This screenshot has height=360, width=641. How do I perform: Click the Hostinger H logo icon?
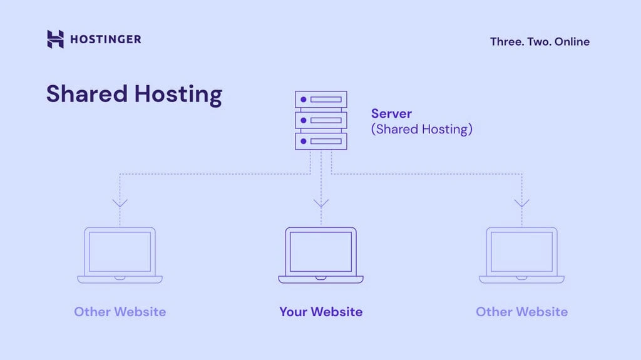pyautogui.click(x=55, y=39)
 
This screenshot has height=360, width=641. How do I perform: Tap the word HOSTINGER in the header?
pyautogui.click(x=105, y=39)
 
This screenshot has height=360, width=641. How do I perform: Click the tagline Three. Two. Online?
pyautogui.click(x=540, y=42)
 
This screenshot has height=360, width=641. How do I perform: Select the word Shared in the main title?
pyautogui.click(x=85, y=94)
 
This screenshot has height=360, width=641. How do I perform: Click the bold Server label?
pyautogui.click(x=391, y=114)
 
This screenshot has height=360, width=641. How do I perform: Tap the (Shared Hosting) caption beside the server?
pyautogui.click(x=421, y=130)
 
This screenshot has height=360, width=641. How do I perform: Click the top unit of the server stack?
pyautogui.click(x=320, y=100)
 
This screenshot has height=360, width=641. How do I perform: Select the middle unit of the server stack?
pyautogui.click(x=320, y=120)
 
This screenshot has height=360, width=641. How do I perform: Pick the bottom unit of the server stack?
pyautogui.click(x=320, y=141)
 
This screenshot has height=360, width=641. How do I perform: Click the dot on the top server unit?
pyautogui.click(x=304, y=100)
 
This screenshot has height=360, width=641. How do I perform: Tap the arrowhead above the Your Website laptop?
pyautogui.click(x=321, y=203)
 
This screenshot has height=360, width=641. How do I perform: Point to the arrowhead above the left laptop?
pyautogui.click(x=120, y=203)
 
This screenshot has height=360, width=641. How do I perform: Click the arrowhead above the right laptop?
pyautogui.click(x=521, y=203)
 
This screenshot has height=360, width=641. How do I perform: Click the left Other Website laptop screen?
pyautogui.click(x=120, y=252)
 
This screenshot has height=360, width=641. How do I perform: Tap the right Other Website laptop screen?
pyautogui.click(x=521, y=252)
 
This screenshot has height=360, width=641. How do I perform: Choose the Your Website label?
pyautogui.click(x=320, y=312)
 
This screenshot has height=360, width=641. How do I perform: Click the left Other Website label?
pyautogui.click(x=120, y=312)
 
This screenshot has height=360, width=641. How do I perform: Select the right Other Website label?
pyautogui.click(x=521, y=312)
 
